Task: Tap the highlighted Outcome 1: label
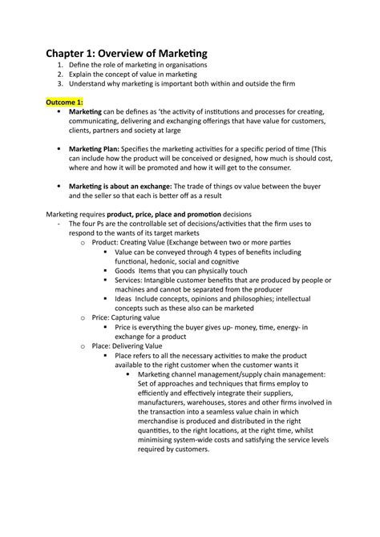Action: pos(66,103)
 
